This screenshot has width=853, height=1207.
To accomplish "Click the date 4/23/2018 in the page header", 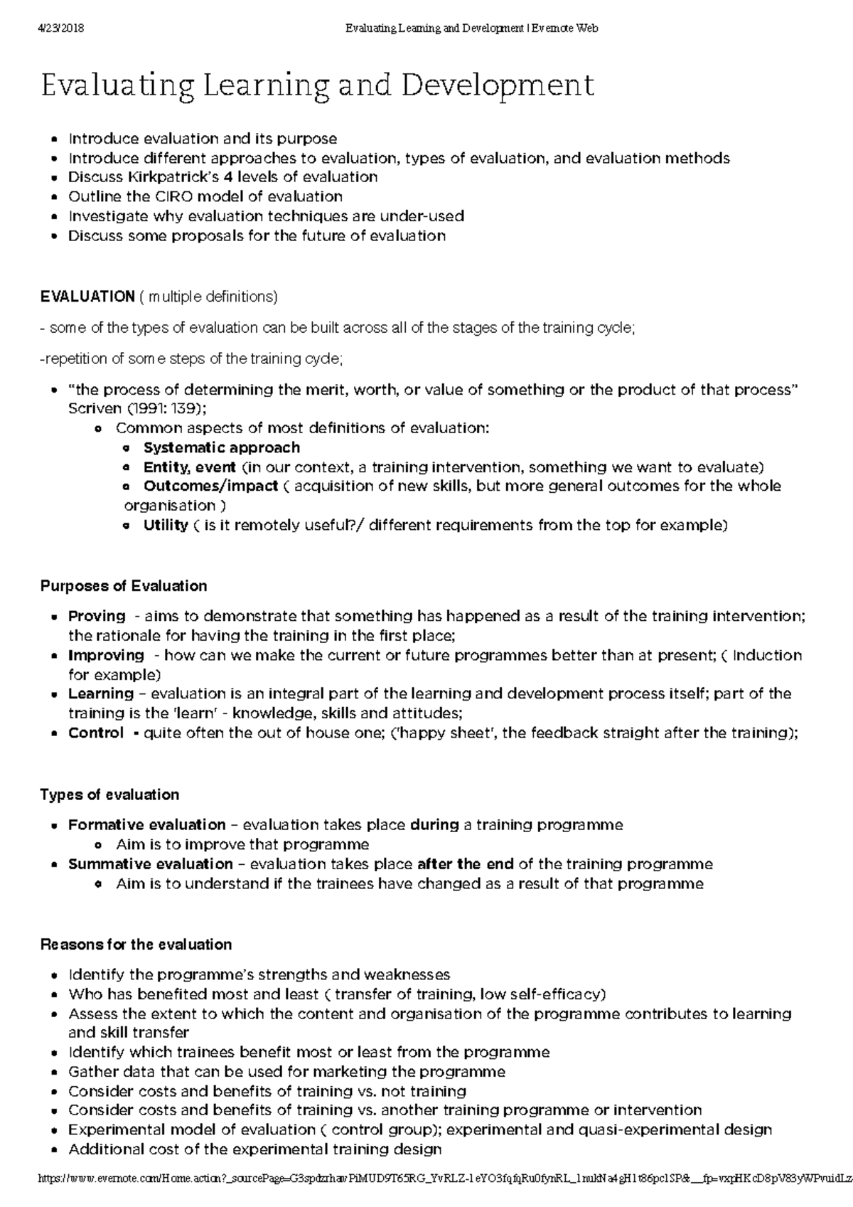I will (60, 28).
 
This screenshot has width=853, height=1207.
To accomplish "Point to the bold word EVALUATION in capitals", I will (87, 296).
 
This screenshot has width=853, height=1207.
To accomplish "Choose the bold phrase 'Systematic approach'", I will (222, 447).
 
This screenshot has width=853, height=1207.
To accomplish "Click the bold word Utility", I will (165, 525).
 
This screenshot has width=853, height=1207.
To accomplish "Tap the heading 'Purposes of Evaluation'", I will (124, 586).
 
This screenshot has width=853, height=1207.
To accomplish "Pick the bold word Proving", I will (97, 616).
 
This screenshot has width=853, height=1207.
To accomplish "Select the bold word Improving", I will (106, 655).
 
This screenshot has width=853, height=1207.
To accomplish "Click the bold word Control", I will (96, 733).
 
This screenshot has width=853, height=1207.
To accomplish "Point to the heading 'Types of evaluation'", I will (109, 794).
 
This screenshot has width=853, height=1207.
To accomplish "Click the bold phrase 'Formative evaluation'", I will (146, 825).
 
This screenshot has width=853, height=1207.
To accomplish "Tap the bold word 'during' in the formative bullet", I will (434, 825).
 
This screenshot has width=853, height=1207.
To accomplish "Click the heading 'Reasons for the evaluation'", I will (136, 945).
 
